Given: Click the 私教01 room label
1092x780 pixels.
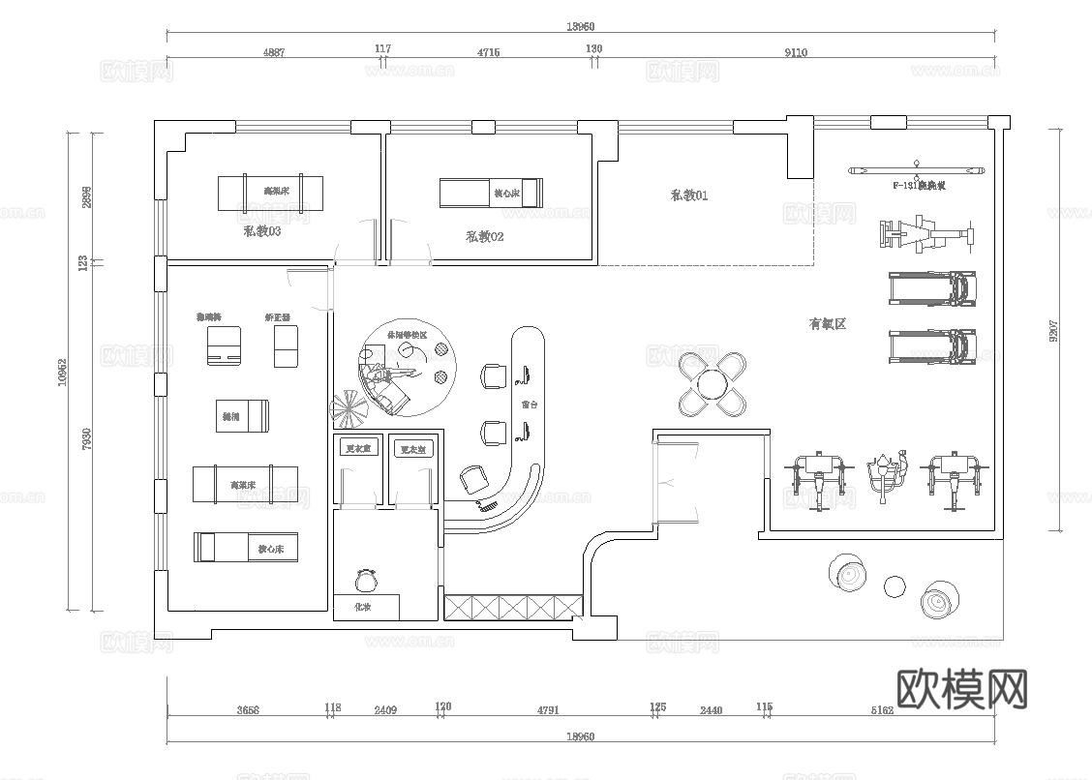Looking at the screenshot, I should (689, 195).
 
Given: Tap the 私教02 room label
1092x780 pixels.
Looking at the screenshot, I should (484, 236).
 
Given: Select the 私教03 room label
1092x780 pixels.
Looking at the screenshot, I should (262, 231).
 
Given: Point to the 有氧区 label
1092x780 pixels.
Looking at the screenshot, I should (828, 324).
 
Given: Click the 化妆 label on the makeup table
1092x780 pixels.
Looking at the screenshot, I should (363, 607).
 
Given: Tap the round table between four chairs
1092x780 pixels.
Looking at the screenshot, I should (713, 385).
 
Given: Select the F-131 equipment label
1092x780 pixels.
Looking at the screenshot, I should (918, 184).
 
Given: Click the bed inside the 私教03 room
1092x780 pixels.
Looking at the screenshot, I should (269, 193).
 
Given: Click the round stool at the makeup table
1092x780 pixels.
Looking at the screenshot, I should (366, 581).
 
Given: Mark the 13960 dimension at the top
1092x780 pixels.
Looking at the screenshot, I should (581, 27).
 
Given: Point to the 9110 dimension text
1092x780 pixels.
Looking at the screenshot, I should (795, 53).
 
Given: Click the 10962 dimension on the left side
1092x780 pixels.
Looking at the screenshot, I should (62, 372).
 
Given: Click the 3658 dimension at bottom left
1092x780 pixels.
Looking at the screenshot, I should (248, 710).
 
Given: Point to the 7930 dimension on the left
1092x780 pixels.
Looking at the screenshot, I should (87, 438).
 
